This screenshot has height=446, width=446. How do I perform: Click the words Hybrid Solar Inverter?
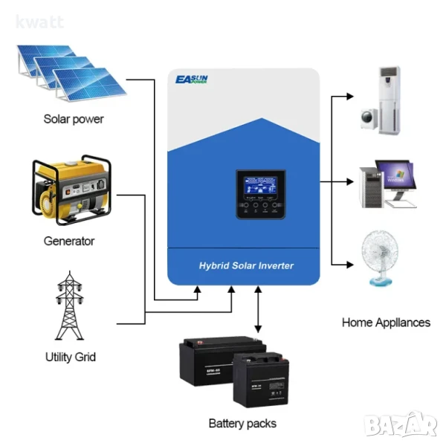[246, 265]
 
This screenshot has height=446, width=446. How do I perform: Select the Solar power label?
[74, 119]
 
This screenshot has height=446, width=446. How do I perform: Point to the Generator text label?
[69, 241]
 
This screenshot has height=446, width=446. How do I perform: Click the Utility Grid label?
[70, 357]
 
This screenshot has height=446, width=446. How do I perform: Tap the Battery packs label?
[242, 423]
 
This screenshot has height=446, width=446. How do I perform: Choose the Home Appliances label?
[386, 323]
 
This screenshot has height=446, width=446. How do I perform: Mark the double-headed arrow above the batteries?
[257, 312]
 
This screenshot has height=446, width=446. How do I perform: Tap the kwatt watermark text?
[39, 22]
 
